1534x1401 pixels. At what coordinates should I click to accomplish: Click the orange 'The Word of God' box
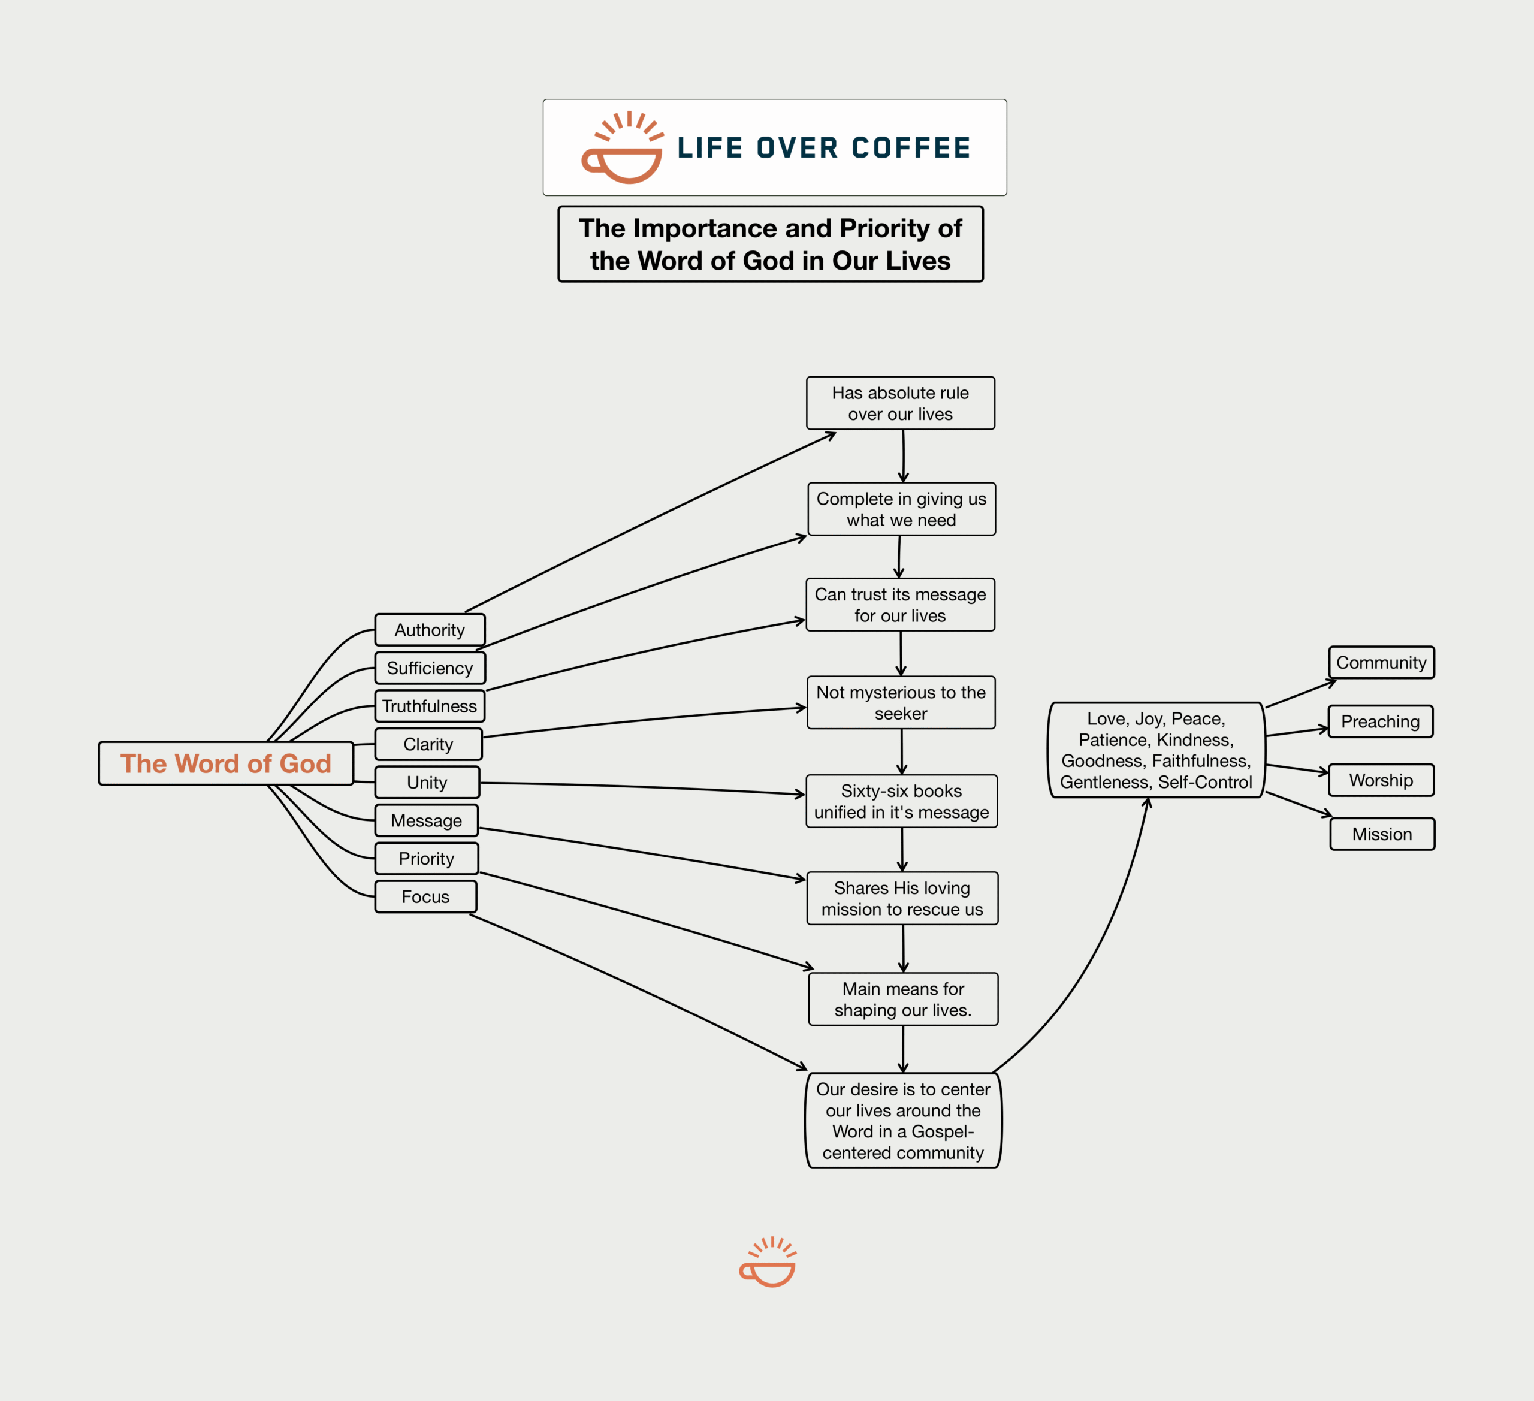click(x=226, y=763)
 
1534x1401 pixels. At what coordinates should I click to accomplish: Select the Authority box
click(x=430, y=630)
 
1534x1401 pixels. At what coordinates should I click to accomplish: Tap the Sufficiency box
click(x=430, y=668)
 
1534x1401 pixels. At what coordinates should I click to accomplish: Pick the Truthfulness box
click(x=430, y=706)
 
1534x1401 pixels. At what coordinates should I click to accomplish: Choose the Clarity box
click(x=428, y=744)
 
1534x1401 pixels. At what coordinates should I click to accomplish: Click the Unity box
click(x=427, y=783)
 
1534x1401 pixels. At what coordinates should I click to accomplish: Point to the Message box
click(x=426, y=820)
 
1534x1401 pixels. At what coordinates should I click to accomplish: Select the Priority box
click(x=426, y=859)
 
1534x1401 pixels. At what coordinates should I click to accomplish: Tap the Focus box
click(x=425, y=896)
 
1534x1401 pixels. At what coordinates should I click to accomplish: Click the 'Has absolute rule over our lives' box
click(x=901, y=403)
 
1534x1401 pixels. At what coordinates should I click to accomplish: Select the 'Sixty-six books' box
click(x=902, y=801)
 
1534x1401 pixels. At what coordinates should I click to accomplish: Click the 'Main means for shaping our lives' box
click(x=903, y=999)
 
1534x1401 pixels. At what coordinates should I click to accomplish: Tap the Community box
click(x=1382, y=662)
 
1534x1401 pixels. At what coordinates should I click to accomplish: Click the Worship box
click(x=1381, y=780)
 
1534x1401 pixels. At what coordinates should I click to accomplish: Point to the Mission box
click(x=1382, y=834)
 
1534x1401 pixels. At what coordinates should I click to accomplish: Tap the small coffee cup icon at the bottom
click(x=768, y=1261)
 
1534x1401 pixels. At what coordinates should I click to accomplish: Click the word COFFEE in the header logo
click(x=911, y=147)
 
